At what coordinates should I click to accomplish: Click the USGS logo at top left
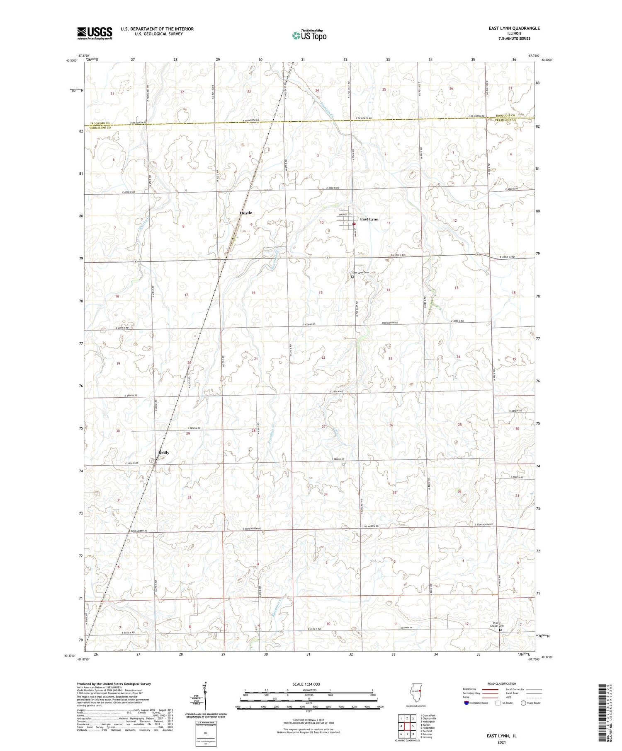click(x=95, y=33)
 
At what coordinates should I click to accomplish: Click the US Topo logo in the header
click(x=309, y=36)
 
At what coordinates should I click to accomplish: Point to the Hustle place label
click(x=245, y=213)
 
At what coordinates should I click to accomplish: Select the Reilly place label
click(x=164, y=453)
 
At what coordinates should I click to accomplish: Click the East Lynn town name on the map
click(x=369, y=219)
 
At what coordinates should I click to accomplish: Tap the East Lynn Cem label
click(x=360, y=273)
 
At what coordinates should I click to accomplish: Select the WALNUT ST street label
click(x=345, y=215)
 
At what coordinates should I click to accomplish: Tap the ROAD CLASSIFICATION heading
click(x=502, y=683)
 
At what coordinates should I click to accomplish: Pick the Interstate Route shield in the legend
click(x=466, y=703)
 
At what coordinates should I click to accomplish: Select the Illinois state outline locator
click(x=417, y=692)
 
